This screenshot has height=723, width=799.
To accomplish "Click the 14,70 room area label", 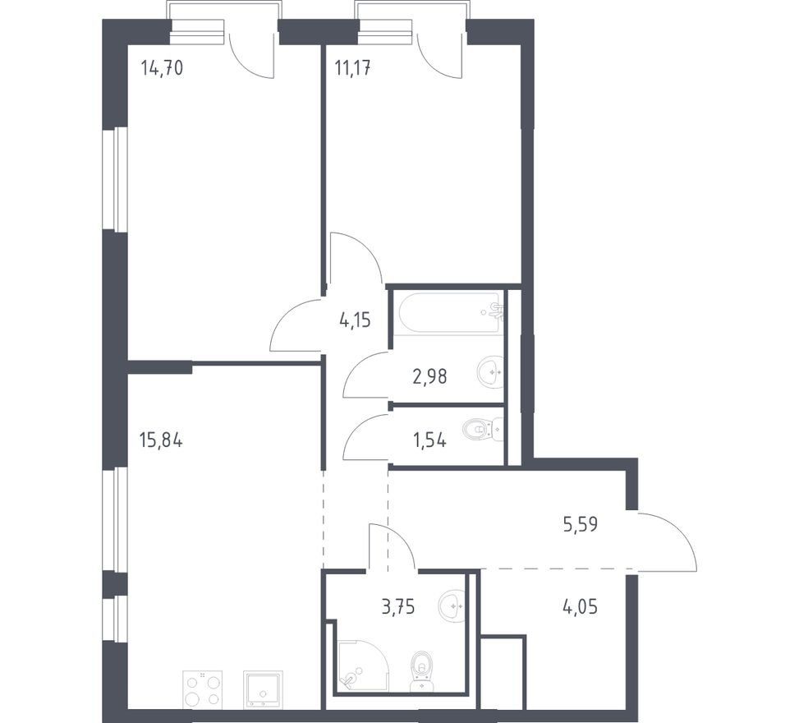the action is (162, 67).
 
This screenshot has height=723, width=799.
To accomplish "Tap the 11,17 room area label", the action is (352, 67).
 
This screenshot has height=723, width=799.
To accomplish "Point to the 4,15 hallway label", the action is (355, 321).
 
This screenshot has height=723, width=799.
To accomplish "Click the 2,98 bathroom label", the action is (429, 377).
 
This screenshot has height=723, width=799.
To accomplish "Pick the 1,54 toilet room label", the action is (429, 440).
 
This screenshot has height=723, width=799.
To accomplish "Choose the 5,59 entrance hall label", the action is (580, 524).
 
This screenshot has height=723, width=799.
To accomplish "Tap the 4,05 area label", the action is (580, 607).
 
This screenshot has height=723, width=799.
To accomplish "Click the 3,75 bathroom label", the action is (398, 607).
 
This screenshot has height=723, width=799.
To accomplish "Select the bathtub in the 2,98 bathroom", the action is (449, 312).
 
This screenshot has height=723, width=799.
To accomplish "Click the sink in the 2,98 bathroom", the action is (491, 371).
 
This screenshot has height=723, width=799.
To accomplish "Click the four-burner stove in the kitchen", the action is (202, 688).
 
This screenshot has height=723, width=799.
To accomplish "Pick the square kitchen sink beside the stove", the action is (263, 688).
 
